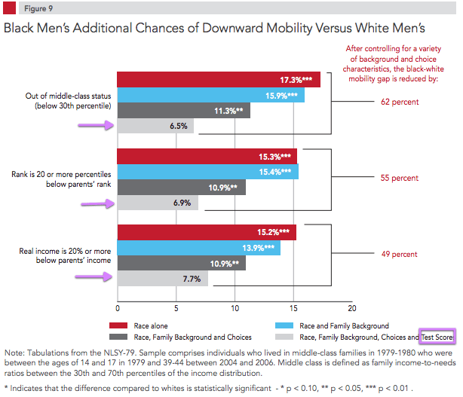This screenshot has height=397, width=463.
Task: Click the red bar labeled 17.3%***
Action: point(219,80)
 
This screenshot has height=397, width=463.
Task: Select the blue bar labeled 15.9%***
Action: point(211,96)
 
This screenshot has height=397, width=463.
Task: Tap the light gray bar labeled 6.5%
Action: point(155,127)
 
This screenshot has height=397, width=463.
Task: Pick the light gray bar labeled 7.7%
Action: point(162,279)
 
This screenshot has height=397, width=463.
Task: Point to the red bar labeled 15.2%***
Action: point(207,233)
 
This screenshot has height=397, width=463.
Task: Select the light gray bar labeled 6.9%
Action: point(158,203)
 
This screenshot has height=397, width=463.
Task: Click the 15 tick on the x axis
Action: point(293,308)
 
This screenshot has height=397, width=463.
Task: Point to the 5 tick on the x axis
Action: point(176,308)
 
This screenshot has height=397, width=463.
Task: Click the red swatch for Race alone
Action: point(120,325)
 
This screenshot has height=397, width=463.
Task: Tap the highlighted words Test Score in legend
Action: point(437,338)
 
